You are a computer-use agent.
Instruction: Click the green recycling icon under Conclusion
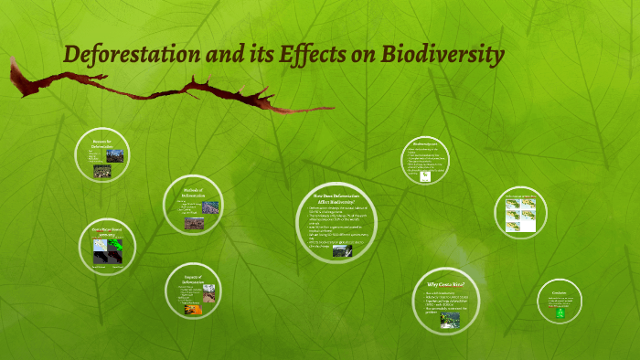pos(560,312)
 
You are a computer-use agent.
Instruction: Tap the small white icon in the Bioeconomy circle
pos(425,177)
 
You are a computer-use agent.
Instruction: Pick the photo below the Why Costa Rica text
pos(449,321)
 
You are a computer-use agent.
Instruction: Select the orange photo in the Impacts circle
pos(191,309)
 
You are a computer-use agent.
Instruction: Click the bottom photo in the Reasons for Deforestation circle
pos(103,171)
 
